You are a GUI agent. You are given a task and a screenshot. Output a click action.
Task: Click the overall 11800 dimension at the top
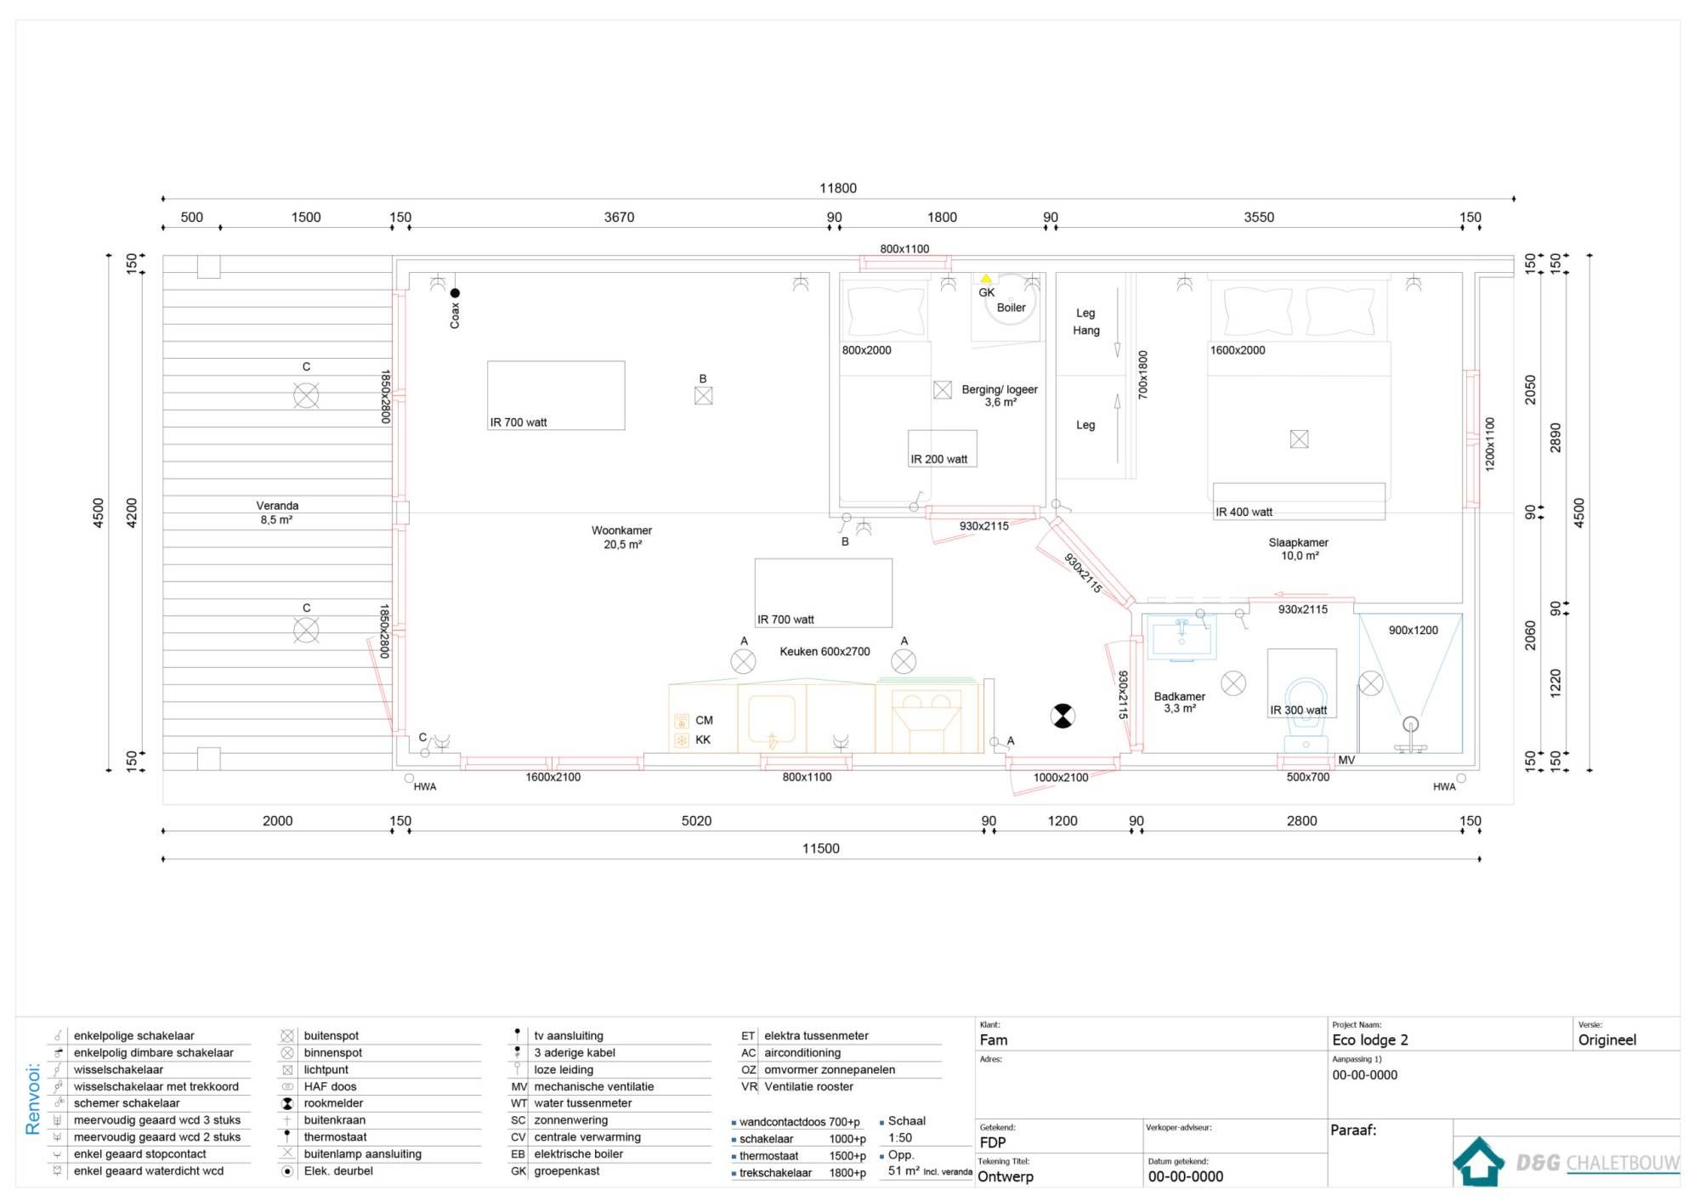point(838,188)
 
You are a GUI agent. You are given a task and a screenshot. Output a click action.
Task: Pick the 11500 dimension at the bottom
point(821,848)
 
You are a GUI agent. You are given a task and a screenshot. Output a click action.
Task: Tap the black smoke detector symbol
point(1062,716)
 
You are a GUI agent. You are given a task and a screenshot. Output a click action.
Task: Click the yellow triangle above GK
point(986,278)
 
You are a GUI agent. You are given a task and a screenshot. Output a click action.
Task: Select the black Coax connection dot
point(455,293)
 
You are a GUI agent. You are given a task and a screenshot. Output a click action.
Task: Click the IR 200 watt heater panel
point(943,448)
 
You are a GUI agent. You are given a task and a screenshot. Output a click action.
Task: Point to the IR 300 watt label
point(1299,711)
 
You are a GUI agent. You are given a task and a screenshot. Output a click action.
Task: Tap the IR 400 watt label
point(1244,512)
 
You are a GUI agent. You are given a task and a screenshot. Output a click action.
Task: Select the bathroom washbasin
point(1181,637)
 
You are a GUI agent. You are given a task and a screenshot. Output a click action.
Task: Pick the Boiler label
point(1011,308)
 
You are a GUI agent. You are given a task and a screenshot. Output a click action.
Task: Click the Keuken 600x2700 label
point(824,652)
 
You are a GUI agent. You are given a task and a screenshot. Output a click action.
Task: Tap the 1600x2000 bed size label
point(1238,350)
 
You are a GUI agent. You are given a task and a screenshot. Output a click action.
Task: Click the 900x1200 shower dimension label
point(1414,630)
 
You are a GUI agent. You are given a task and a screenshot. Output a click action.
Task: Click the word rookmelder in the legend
point(333,1103)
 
